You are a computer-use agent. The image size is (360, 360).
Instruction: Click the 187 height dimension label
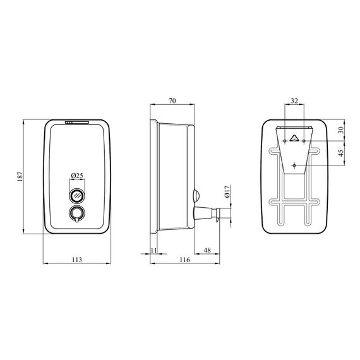20,177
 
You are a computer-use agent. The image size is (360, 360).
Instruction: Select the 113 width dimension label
77,260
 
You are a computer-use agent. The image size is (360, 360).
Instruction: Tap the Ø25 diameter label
77,176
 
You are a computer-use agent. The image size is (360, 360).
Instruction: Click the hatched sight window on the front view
77,196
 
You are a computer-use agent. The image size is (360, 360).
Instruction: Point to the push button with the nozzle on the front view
77,213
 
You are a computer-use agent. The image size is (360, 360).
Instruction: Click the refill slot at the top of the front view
77,123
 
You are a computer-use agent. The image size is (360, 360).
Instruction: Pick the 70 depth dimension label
172,100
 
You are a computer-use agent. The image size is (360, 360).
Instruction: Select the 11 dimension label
154,250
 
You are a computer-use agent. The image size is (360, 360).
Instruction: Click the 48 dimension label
207,250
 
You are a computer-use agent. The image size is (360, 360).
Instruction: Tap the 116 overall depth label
185,260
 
